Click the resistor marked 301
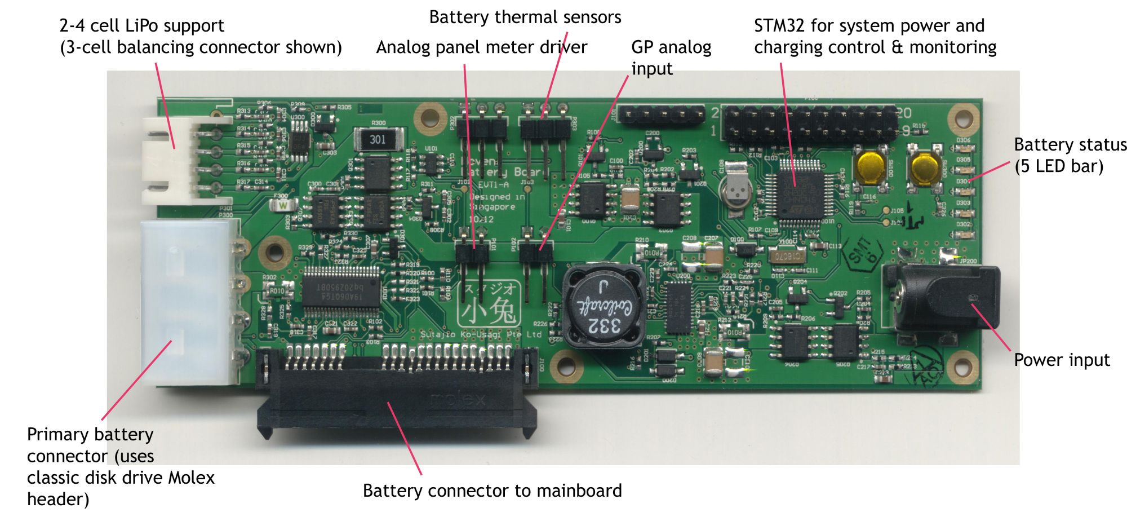tap(378, 139)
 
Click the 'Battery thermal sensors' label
tap(525, 17)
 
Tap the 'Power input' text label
tap(1062, 360)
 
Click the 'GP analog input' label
tap(671, 58)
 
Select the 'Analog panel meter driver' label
tap(481, 47)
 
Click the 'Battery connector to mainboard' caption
tap(492, 491)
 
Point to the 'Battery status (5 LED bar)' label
tap(1070, 155)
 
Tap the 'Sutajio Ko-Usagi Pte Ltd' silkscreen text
tap(480, 334)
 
